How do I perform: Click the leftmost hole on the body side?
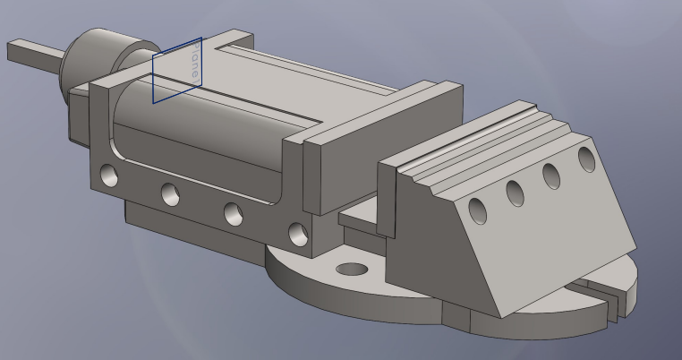(x=109, y=174)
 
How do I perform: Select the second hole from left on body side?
(x=170, y=193)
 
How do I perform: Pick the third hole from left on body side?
(x=233, y=213)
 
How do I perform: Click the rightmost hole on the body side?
(x=297, y=235)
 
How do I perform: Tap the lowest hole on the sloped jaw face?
(x=478, y=211)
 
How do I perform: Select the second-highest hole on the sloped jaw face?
(x=551, y=175)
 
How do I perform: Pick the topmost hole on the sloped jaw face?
(x=587, y=159)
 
